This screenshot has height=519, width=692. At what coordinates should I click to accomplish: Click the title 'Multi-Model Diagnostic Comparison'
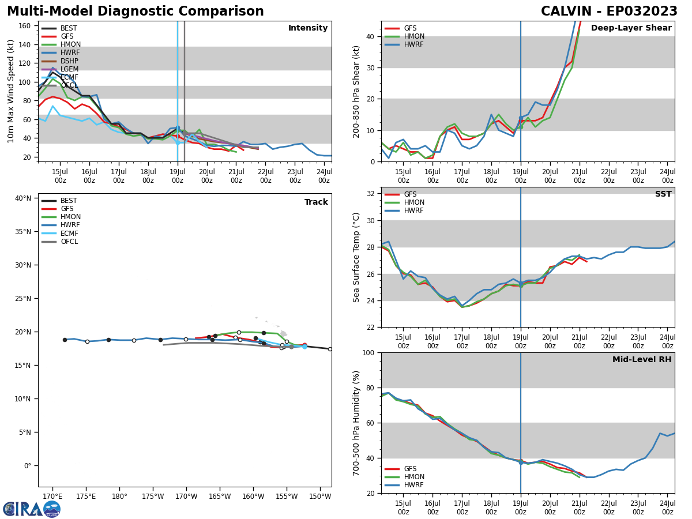click(136, 12)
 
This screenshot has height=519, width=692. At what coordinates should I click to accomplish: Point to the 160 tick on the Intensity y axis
click(26, 26)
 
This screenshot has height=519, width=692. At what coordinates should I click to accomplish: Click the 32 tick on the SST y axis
click(371, 194)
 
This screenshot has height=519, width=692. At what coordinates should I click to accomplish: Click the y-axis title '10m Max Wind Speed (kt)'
click(10, 91)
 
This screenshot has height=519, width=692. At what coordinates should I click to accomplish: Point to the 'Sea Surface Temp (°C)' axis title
click(356, 257)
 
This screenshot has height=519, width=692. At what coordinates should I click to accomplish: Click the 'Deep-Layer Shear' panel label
click(631, 28)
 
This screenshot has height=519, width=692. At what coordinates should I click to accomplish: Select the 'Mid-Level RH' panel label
click(642, 360)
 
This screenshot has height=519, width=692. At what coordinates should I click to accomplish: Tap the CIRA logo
click(31, 509)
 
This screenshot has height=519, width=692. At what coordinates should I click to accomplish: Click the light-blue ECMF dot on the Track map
click(304, 347)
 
